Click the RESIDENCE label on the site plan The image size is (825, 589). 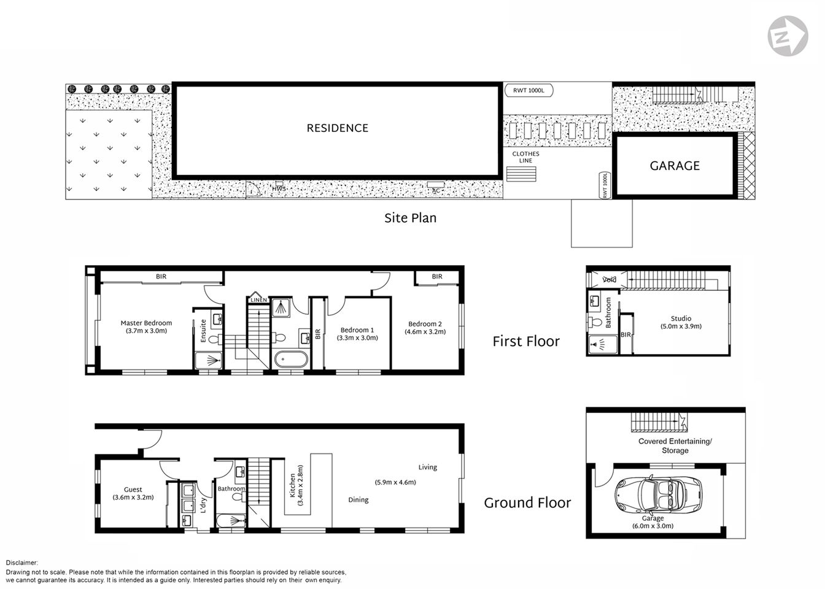tap(338, 128)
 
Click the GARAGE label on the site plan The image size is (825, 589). tap(675, 166)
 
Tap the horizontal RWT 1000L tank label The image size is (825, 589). tap(529, 91)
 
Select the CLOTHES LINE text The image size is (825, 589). tap(525, 157)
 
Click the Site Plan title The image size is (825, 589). tap(410, 218)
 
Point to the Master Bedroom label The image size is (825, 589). tap(146, 323)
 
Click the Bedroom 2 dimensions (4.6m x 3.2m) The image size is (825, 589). tap(425, 332)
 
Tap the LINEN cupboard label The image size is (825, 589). tap(258, 300)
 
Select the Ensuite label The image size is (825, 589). tap(203, 331)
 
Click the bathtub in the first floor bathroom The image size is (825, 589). tap(290, 360)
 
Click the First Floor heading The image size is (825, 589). tap(526, 342)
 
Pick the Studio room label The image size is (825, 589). tap(681, 318)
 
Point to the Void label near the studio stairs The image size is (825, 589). tap(609, 280)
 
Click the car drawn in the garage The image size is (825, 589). tap(656, 495)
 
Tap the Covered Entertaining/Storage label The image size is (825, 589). tap(675, 445)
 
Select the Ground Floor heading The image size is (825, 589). tap(527, 503)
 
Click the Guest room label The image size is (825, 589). tap(133, 490)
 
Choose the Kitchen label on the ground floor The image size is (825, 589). tap(292, 485)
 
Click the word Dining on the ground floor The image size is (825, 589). tap(358, 500)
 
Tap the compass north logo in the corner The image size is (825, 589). tap(788, 36)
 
